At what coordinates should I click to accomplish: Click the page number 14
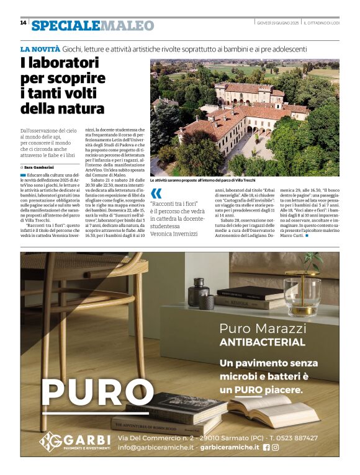23,23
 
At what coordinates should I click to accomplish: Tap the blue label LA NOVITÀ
40,48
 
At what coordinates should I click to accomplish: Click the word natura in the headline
83,109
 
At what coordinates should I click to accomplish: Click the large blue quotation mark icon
156,193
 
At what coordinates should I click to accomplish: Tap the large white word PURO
89,392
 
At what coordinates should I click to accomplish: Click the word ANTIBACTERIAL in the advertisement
262,342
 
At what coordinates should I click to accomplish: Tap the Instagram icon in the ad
276,447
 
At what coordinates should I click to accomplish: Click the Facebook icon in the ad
266,447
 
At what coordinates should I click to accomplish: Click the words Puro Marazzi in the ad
263,328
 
